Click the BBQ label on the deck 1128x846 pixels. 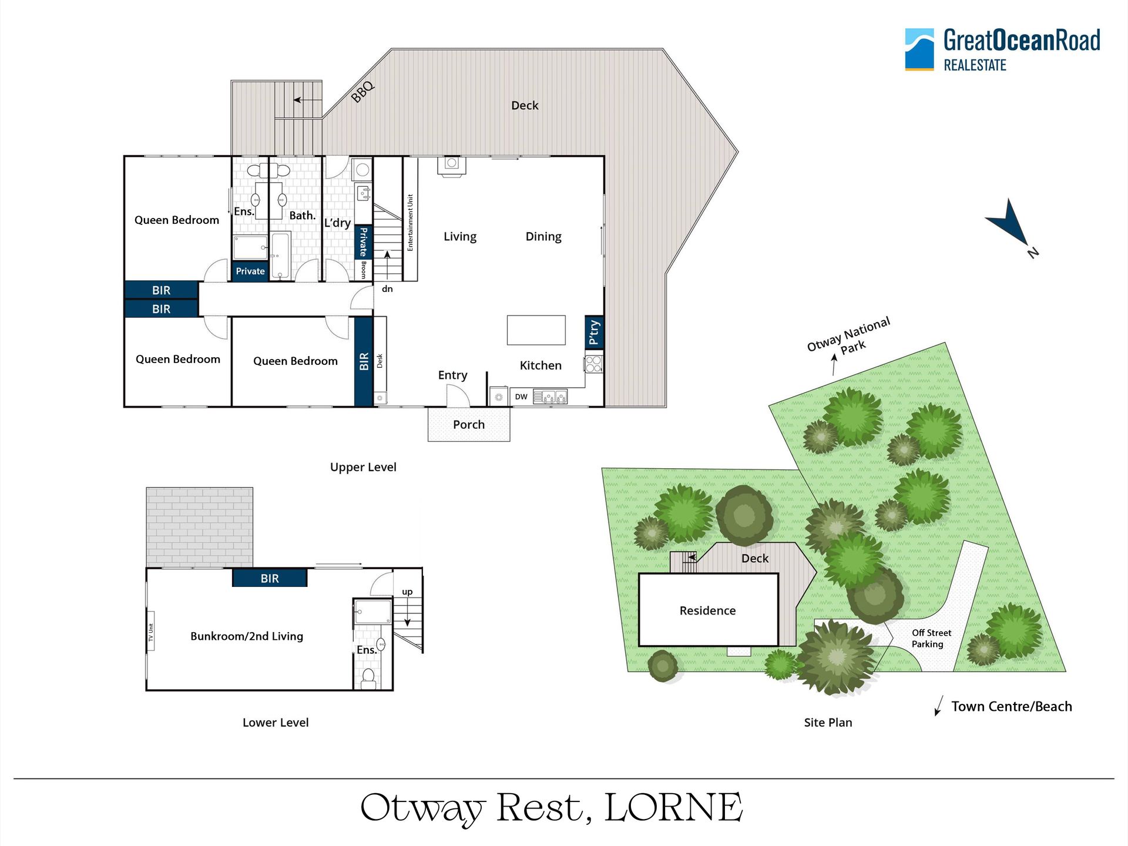[362, 92]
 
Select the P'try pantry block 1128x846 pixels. [595, 333]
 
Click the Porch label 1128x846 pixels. [469, 425]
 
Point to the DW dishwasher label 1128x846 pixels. [521, 397]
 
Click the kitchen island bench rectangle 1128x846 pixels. [536, 330]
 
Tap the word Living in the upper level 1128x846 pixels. [460, 237]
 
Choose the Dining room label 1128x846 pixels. [543, 237]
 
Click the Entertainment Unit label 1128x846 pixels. [410, 223]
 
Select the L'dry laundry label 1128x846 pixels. [337, 223]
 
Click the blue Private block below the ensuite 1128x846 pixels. [250, 271]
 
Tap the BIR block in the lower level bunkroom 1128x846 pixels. [270, 578]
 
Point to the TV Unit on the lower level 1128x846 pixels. [150, 637]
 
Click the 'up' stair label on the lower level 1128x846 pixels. [407, 592]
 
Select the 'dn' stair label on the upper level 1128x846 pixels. [387, 289]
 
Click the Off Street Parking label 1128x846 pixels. [931, 639]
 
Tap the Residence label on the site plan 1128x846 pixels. [707, 611]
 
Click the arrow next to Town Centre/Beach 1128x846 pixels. [939, 706]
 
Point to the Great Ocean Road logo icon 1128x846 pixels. [919, 49]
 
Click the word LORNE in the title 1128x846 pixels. [673, 808]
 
